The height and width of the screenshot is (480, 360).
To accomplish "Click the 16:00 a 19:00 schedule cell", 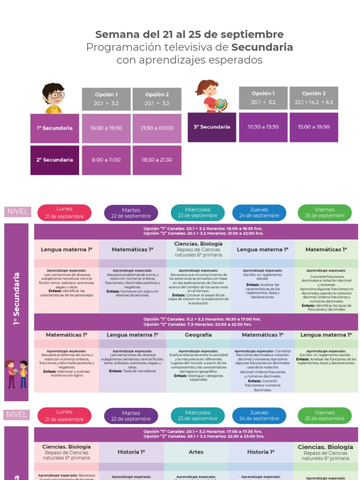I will [106, 128].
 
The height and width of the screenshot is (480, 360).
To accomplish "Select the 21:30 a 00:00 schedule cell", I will [157, 128].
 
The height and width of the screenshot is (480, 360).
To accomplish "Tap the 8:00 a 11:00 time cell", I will [106, 160].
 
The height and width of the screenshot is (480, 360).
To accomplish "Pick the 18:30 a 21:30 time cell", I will [157, 160].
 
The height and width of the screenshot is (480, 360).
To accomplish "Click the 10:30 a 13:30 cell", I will [263, 127].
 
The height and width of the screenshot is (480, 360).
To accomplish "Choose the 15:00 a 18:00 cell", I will [314, 127].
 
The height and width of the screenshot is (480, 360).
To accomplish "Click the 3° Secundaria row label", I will [212, 127].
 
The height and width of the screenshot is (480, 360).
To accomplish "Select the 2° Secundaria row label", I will [55, 160].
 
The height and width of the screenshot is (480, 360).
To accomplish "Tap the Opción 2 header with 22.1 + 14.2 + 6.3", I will [314, 97].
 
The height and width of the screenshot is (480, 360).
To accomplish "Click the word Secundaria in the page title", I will [262, 47].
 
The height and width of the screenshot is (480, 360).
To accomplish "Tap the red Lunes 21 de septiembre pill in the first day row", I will [65, 212].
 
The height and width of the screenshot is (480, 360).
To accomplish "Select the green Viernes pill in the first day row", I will [324, 213].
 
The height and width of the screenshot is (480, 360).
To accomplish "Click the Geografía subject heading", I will [198, 335].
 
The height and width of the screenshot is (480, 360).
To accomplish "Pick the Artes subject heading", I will [196, 452].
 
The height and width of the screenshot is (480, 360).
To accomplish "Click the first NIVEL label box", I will [17, 211].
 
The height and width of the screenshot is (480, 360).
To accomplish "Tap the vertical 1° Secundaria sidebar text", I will [17, 299].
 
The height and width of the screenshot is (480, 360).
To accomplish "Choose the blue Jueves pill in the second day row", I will [259, 415].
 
